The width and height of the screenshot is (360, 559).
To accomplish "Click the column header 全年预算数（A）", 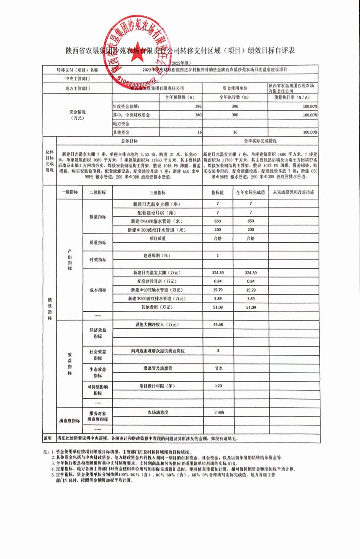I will click(178, 97).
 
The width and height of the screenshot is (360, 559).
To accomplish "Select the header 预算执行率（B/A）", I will click(293, 97).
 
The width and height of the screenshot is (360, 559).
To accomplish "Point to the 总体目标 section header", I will click(129, 141).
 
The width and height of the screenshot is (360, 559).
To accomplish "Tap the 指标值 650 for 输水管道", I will click(218, 221).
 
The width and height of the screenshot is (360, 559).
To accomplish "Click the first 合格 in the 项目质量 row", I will click(218, 238).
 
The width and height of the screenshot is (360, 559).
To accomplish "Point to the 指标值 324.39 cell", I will click(218, 273).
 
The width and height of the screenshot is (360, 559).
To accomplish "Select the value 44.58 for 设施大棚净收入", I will click(218, 325).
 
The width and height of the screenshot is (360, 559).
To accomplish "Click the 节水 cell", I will click(218, 368).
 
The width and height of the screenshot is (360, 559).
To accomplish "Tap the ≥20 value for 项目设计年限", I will click(218, 386).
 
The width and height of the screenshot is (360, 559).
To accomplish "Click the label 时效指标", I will click(98, 260).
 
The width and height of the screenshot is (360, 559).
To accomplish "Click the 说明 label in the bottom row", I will click(49, 438).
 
